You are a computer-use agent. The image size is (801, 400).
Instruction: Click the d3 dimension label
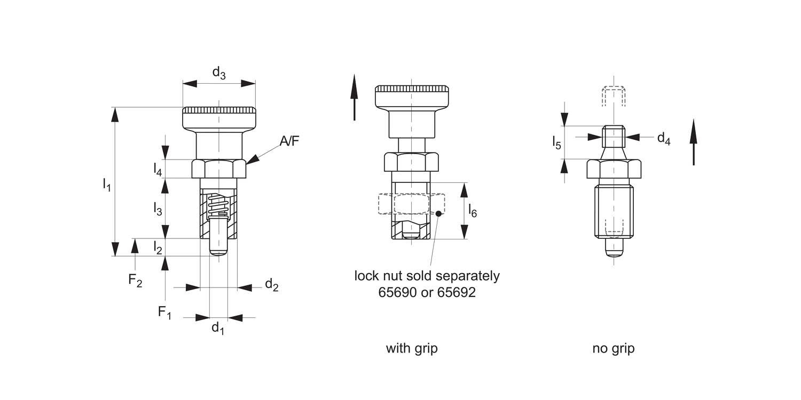[219, 73]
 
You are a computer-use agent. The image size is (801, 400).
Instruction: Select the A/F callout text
[289, 141]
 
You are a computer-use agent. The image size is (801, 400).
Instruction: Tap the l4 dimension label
[158, 169]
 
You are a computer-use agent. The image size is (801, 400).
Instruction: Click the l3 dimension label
[158, 209]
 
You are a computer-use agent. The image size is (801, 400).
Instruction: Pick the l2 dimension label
[158, 247]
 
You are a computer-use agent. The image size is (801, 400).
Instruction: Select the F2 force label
[135, 280]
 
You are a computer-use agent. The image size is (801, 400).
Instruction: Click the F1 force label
[164, 312]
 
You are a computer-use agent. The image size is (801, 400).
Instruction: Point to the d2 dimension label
[272, 285]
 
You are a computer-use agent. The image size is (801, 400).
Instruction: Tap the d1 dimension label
[218, 328]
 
